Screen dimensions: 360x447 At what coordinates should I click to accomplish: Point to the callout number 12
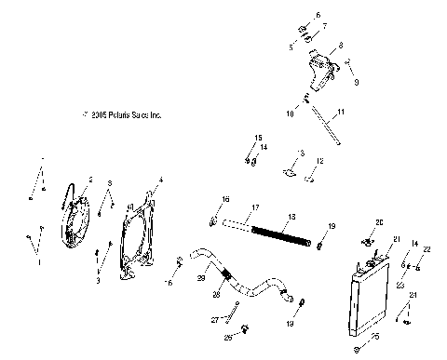pos(318,162)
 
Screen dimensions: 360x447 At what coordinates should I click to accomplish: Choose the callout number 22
pos(427,248)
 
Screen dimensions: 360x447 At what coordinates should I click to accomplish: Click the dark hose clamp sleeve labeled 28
pos(226,276)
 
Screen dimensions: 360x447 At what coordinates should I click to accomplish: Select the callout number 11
pos(341,112)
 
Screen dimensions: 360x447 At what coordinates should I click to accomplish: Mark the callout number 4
pos(161,178)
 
